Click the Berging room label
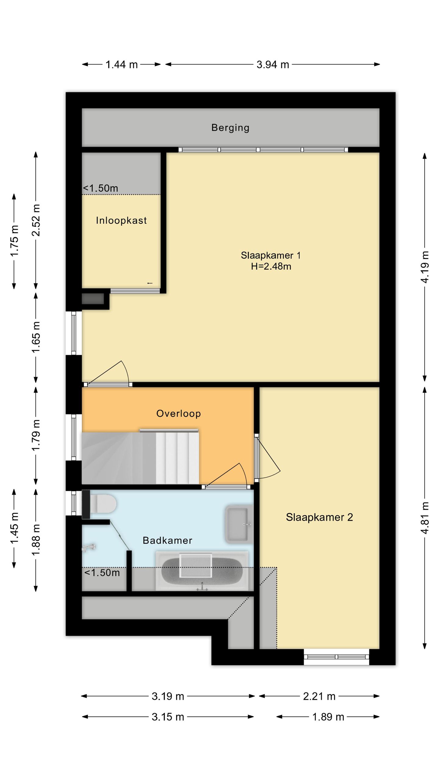coord(230,128)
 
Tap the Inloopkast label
coord(121,220)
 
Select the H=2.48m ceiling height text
coord(271,266)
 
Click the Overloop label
coord(179,413)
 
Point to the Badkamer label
coord(167,540)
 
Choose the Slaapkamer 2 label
coord(319,517)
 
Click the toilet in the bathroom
coord(99,504)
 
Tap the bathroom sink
coord(239,524)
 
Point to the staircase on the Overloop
coord(140,457)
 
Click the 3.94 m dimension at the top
coord(273,64)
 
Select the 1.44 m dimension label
coord(121,64)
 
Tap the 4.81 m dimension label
coord(425,518)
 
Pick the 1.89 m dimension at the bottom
coord(328,717)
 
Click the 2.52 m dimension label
coord(36,220)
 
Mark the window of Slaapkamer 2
coord(336,657)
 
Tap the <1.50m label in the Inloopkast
coord(101,188)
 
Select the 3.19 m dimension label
coord(168,696)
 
